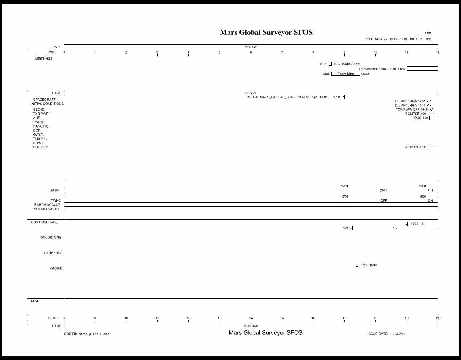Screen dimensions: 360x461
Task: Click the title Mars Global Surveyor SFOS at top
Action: point(266,32)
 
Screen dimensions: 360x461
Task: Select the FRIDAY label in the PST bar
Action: point(251,47)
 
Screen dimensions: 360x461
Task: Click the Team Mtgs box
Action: point(346,74)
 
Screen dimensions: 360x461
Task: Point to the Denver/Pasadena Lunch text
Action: point(377,69)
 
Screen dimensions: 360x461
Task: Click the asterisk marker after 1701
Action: point(344,97)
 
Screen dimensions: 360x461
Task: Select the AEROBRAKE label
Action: point(415,147)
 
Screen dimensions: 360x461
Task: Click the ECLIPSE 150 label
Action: point(415,114)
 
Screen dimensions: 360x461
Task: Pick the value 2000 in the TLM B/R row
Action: point(384,190)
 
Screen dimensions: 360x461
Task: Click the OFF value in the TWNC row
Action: point(384,200)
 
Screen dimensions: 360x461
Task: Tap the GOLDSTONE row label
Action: point(51,238)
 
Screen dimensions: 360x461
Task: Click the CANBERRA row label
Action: point(54,253)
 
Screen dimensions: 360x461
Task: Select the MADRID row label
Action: point(56,268)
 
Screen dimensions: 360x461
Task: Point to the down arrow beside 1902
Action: point(407,224)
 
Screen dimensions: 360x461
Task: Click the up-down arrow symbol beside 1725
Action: point(357,265)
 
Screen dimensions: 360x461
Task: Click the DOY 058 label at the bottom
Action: point(251,326)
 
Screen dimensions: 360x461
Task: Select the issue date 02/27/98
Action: point(399,334)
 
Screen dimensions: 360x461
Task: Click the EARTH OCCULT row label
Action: point(47,205)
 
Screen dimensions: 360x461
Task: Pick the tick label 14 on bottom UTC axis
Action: point(251,318)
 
